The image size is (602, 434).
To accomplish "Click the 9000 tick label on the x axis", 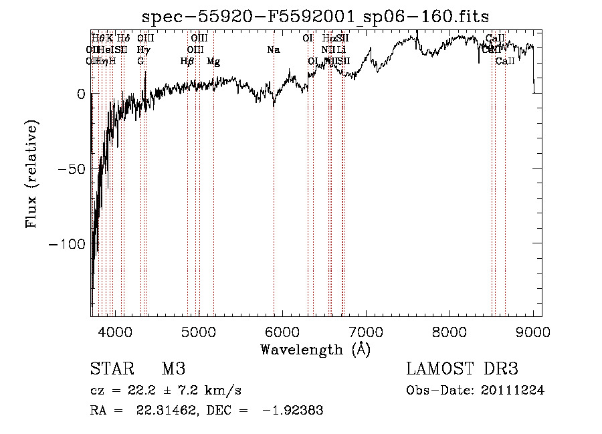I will click(x=532, y=331).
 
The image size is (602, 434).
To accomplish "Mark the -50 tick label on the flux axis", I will click(x=73, y=169).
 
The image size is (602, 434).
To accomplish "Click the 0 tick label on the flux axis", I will click(x=81, y=94).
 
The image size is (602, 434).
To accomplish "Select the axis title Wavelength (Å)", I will click(x=316, y=349).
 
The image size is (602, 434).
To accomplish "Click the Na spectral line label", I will click(x=273, y=50).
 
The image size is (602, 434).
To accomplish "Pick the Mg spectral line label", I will click(x=213, y=62).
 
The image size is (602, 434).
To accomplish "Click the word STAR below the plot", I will click(x=110, y=369).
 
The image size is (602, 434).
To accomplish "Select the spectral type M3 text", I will click(x=173, y=369).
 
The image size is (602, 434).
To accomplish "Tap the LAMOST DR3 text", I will click(x=462, y=369).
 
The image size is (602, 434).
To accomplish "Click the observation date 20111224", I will click(x=514, y=391).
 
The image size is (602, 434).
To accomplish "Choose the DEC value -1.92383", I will click(x=294, y=411).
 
